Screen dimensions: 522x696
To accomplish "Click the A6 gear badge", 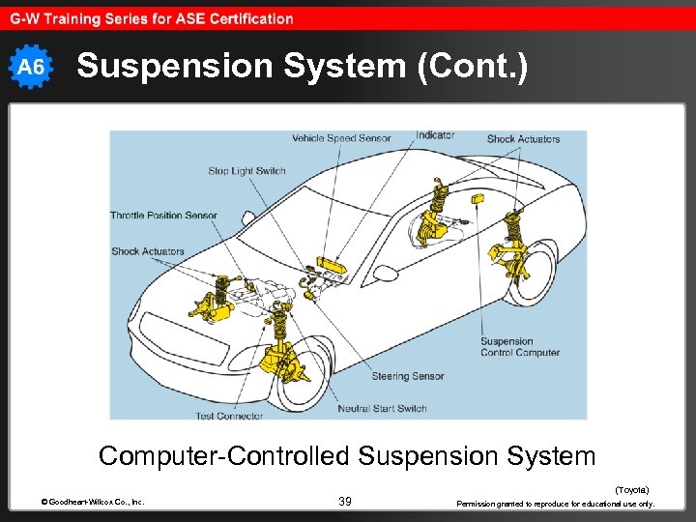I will [32, 66].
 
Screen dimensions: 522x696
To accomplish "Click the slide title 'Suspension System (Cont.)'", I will [303, 66].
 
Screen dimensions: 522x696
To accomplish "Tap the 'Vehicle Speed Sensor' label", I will [341, 138].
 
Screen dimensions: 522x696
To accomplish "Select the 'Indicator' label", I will [435, 135].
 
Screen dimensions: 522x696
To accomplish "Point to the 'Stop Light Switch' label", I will [246, 171].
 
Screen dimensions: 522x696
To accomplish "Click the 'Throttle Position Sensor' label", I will [163, 216].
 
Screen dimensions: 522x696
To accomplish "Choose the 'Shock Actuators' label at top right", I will [523, 139].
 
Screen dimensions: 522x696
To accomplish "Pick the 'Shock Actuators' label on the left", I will [147, 251].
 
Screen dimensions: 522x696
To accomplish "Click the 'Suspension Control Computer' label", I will [519, 347].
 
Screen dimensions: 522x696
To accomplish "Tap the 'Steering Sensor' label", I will [408, 376].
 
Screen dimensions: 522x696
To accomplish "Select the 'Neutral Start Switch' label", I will [382, 409].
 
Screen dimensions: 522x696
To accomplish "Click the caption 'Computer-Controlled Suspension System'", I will [347, 455].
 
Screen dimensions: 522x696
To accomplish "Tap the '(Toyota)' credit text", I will [632, 490].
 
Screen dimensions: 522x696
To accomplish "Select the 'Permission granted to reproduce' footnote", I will [556, 504].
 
